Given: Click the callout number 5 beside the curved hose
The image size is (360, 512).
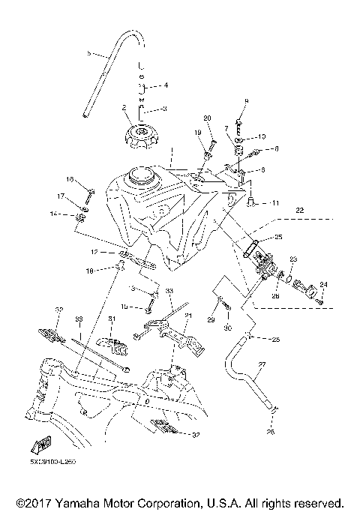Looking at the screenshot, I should click(89, 54).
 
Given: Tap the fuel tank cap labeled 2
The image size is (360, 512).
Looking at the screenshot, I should click(141, 137).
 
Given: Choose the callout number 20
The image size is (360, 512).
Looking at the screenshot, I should click(208, 118).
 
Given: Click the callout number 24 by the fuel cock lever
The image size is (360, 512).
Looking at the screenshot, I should click(324, 284).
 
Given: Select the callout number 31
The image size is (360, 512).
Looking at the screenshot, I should click(112, 319).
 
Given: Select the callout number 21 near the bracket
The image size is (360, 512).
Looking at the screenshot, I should click(189, 316).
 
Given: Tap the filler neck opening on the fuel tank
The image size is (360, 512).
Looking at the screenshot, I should click(140, 175).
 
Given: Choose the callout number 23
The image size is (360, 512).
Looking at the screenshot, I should click(293, 259).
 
